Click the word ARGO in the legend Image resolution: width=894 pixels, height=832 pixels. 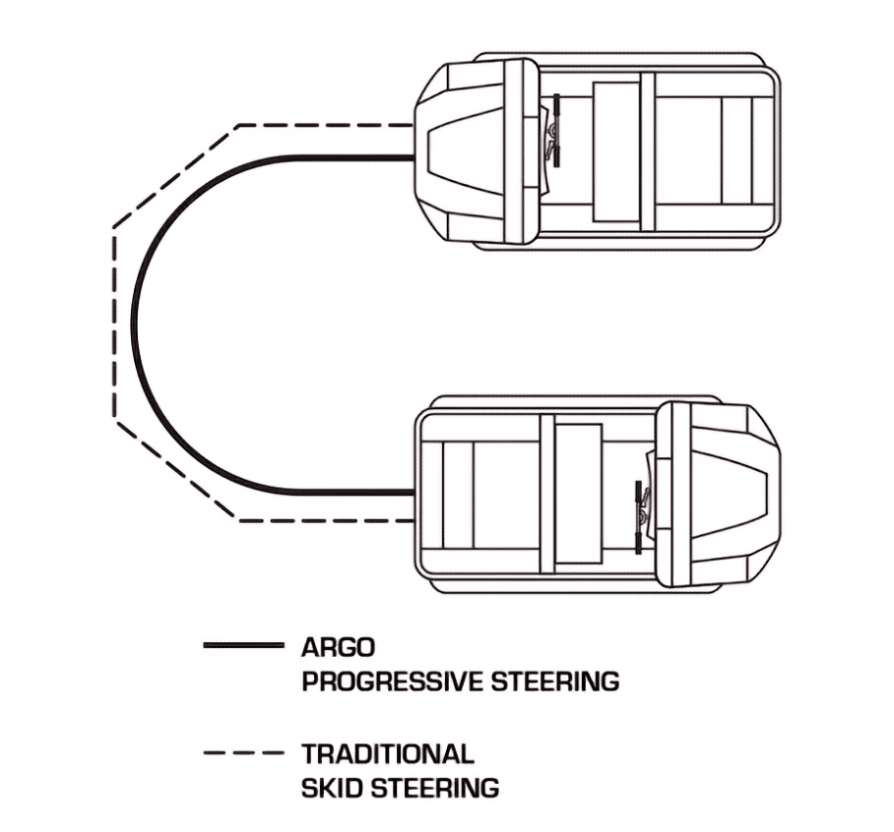point(338,647)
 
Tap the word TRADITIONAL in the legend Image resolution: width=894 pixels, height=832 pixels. point(387,754)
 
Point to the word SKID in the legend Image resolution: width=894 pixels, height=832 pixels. point(332,788)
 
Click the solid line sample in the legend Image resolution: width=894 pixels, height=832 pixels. point(244,645)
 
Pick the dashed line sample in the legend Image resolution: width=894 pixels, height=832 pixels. point(244,753)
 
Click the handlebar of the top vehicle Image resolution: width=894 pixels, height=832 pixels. point(556,131)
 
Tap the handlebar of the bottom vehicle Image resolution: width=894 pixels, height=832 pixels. point(639,517)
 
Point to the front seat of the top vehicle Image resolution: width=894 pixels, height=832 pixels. point(616,152)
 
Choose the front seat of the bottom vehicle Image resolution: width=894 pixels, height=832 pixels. point(579,493)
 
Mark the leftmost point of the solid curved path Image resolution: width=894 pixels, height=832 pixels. point(133,323)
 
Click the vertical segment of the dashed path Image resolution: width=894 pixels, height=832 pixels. point(114,324)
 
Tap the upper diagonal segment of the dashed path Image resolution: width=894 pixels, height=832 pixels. point(177,176)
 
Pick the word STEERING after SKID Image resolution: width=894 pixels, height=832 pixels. point(435,788)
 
